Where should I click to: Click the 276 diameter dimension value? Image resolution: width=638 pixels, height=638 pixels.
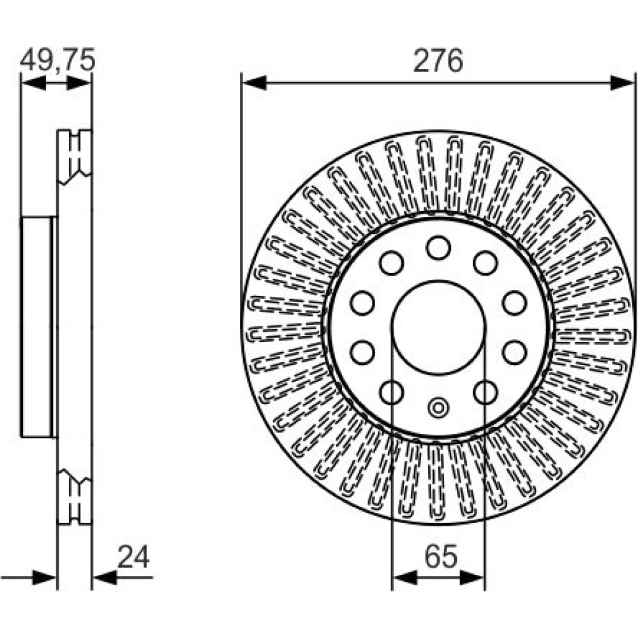pos(438,61)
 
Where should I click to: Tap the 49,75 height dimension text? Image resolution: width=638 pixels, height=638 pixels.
pos(57,59)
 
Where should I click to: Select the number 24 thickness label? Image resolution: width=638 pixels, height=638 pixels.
pos(133,557)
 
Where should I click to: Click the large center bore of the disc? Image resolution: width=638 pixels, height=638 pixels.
pos(439,327)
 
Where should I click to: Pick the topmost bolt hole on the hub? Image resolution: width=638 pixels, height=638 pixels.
pos(438,248)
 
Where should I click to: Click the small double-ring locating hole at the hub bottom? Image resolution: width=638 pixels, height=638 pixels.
pos(438,407)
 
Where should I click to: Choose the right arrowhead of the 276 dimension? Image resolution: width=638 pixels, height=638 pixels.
pos(623,82)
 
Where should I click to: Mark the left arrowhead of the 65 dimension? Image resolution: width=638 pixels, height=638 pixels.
pos(406,577)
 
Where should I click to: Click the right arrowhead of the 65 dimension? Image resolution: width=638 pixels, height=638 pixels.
pos(472,577)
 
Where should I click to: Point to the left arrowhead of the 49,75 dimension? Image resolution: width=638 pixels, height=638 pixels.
pos(34,84)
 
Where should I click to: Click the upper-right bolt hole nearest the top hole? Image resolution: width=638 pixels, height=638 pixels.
pos(486,263)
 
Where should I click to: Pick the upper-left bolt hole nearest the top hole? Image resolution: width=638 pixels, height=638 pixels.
pos(392,263)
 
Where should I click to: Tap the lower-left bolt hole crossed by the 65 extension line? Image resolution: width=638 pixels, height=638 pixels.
pos(392,392)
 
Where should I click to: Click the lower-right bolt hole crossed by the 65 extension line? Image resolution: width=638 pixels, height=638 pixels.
pos(486,392)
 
